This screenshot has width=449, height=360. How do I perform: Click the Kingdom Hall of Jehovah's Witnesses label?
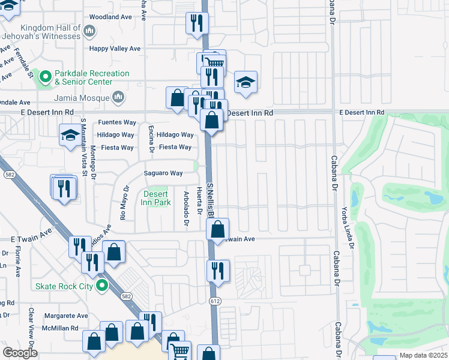50,32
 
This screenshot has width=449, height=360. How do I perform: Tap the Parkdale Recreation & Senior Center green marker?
44,77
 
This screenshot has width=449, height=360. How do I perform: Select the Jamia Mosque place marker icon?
118,97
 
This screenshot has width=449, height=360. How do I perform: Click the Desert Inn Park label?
156,198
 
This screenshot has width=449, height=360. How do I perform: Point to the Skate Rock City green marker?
102,286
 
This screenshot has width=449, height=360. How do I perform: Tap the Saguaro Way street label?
163,173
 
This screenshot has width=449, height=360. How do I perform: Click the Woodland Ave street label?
110,17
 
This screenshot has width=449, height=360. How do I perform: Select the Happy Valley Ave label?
115,49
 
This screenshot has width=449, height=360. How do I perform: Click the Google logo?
19,353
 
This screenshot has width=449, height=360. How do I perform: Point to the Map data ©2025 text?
423,355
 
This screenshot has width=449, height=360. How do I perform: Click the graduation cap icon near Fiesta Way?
70,136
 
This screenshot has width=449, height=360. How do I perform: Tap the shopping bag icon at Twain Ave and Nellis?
218,229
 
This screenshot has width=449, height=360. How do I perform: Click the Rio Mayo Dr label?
124,205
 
